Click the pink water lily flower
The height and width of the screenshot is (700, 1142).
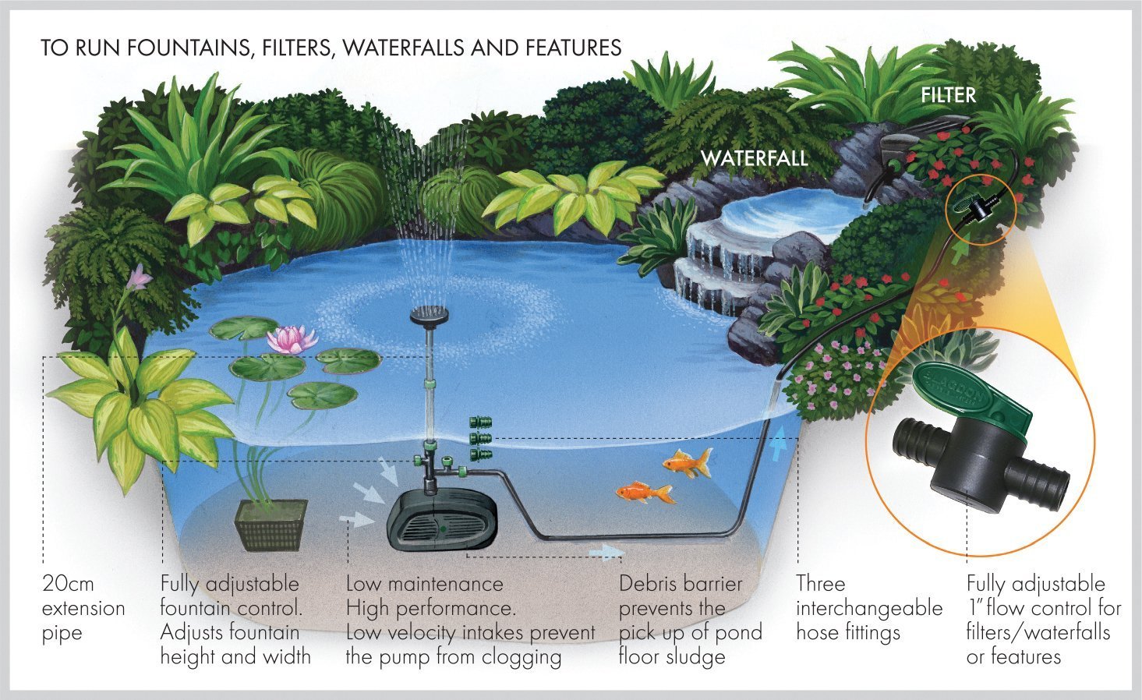(292, 340)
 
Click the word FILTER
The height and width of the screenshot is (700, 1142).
(948, 96)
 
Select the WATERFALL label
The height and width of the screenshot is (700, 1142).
(754, 159)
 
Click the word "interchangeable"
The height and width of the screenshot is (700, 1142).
(868, 608)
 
